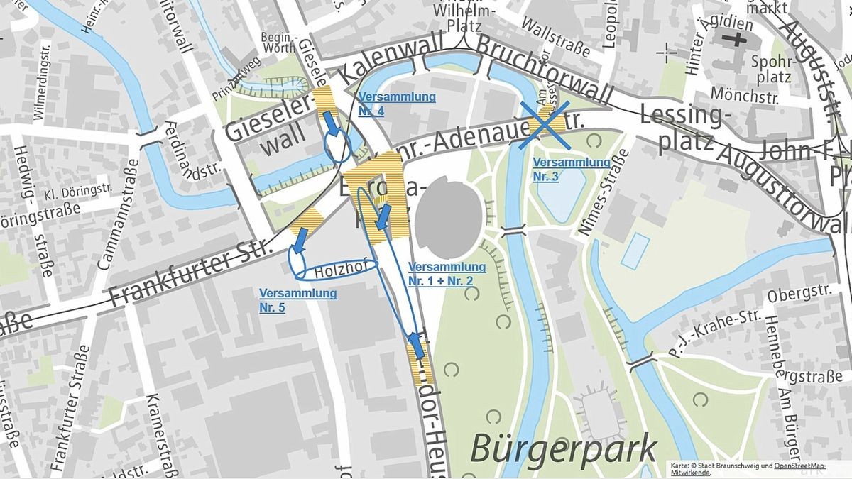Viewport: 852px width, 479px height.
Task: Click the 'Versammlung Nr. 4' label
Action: [x=397, y=104]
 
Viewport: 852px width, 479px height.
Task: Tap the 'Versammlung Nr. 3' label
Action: [x=571, y=169]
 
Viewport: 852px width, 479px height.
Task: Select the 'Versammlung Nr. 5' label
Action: [x=297, y=300]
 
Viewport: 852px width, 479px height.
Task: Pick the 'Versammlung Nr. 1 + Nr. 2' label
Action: [x=447, y=274]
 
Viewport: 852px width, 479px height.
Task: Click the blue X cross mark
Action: [x=543, y=125]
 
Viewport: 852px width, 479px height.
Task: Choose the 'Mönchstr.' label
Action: [x=745, y=94]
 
